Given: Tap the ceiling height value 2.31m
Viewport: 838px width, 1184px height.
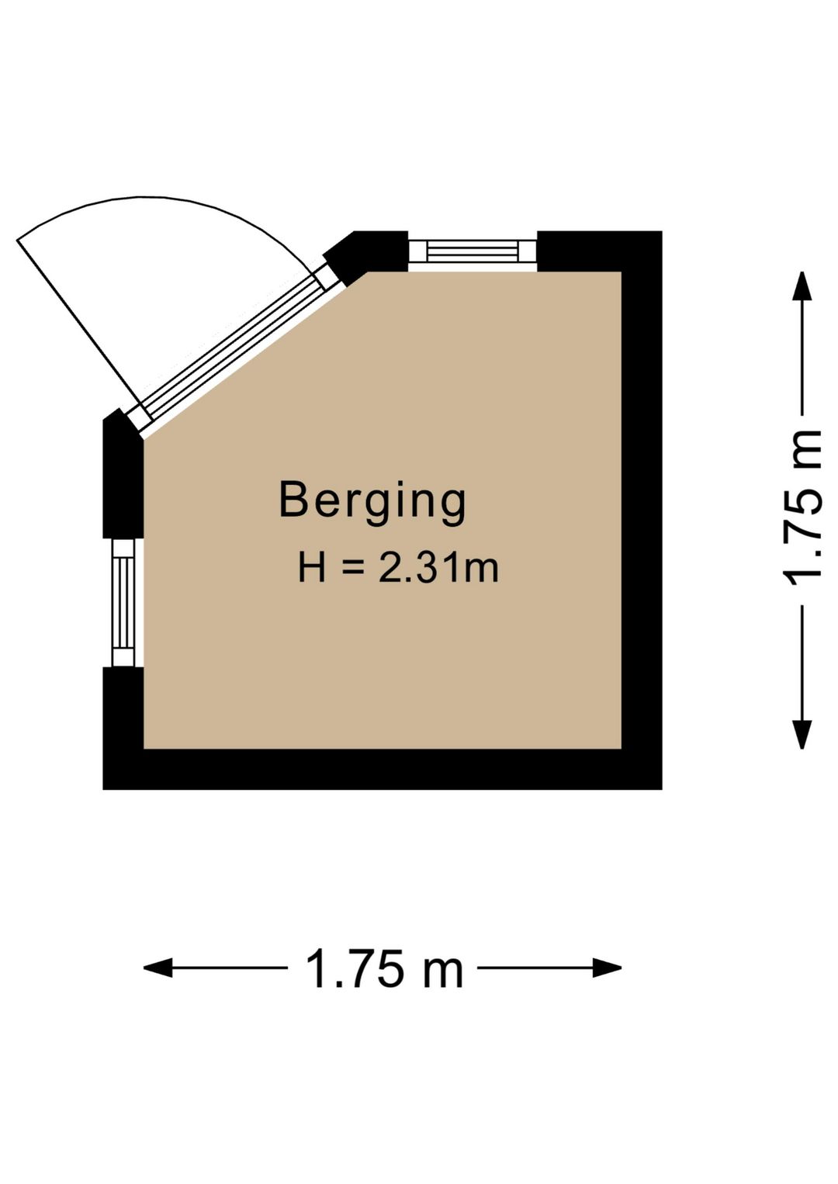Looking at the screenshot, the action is tap(438, 568).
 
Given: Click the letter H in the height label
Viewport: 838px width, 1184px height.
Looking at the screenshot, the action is tap(312, 568).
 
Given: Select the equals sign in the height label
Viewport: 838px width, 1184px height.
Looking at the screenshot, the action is tap(351, 569).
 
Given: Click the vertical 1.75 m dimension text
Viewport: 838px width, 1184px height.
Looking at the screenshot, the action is tap(802, 510).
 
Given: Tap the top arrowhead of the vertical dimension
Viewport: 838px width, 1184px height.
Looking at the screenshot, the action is tap(802, 286).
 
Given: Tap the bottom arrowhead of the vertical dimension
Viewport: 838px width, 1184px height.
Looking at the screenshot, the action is tap(802, 736).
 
